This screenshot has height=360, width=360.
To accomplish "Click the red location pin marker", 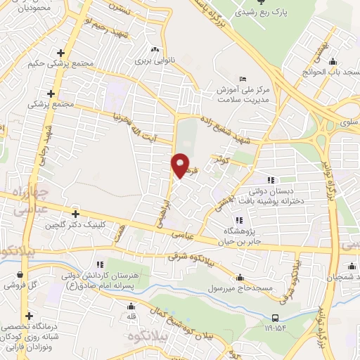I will [x=180, y=165].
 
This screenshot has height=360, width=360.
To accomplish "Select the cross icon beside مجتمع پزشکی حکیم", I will [x=61, y=53].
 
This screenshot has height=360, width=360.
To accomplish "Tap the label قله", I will [x=131, y=316].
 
